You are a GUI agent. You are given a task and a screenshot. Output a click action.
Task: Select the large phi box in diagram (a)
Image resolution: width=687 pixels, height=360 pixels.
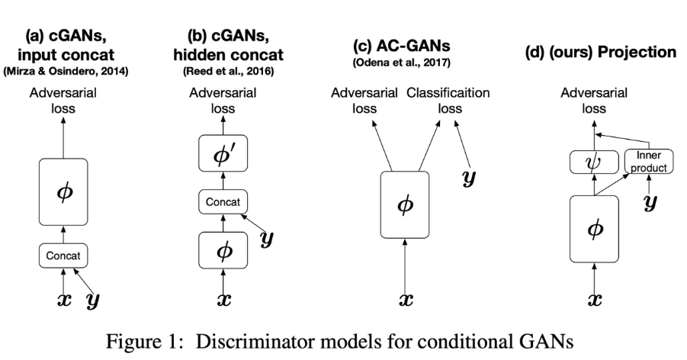[63, 190]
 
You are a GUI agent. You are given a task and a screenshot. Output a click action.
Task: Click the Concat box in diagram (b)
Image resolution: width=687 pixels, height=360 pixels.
[223, 202]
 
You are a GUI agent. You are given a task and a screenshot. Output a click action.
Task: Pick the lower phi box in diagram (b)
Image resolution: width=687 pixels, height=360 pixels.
[223, 248]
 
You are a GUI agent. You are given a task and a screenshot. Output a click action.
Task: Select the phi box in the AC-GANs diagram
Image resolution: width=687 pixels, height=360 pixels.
[411, 206]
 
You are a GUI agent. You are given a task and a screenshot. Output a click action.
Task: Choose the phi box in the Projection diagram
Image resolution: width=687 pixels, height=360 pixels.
[594, 227]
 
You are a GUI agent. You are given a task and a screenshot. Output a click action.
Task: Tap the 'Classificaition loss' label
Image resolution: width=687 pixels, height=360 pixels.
[448, 101]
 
